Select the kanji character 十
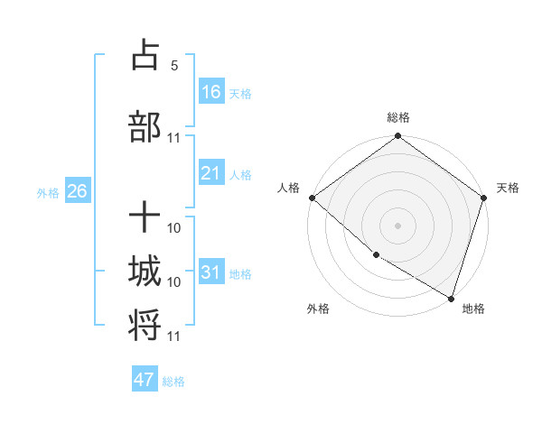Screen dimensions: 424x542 click(145, 217)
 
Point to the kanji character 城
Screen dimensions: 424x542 click(145, 272)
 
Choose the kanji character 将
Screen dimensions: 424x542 click(145, 324)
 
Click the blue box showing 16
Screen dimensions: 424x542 click(210, 92)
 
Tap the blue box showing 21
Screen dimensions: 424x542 click(210, 173)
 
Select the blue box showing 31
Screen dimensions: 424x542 click(210, 272)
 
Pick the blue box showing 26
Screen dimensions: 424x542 click(77, 191)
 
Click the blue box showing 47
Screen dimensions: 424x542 click(144, 380)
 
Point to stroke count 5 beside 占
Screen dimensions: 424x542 click(173, 66)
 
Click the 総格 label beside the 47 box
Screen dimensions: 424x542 click(173, 382)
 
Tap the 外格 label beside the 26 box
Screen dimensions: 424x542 click(48, 192)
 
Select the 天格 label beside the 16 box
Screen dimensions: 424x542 click(240, 94)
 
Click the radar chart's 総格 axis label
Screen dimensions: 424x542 click(397, 117)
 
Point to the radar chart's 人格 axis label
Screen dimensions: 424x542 click(289, 188)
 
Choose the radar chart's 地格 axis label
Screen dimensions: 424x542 click(473, 309)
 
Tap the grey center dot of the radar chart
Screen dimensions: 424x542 click(397, 226)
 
